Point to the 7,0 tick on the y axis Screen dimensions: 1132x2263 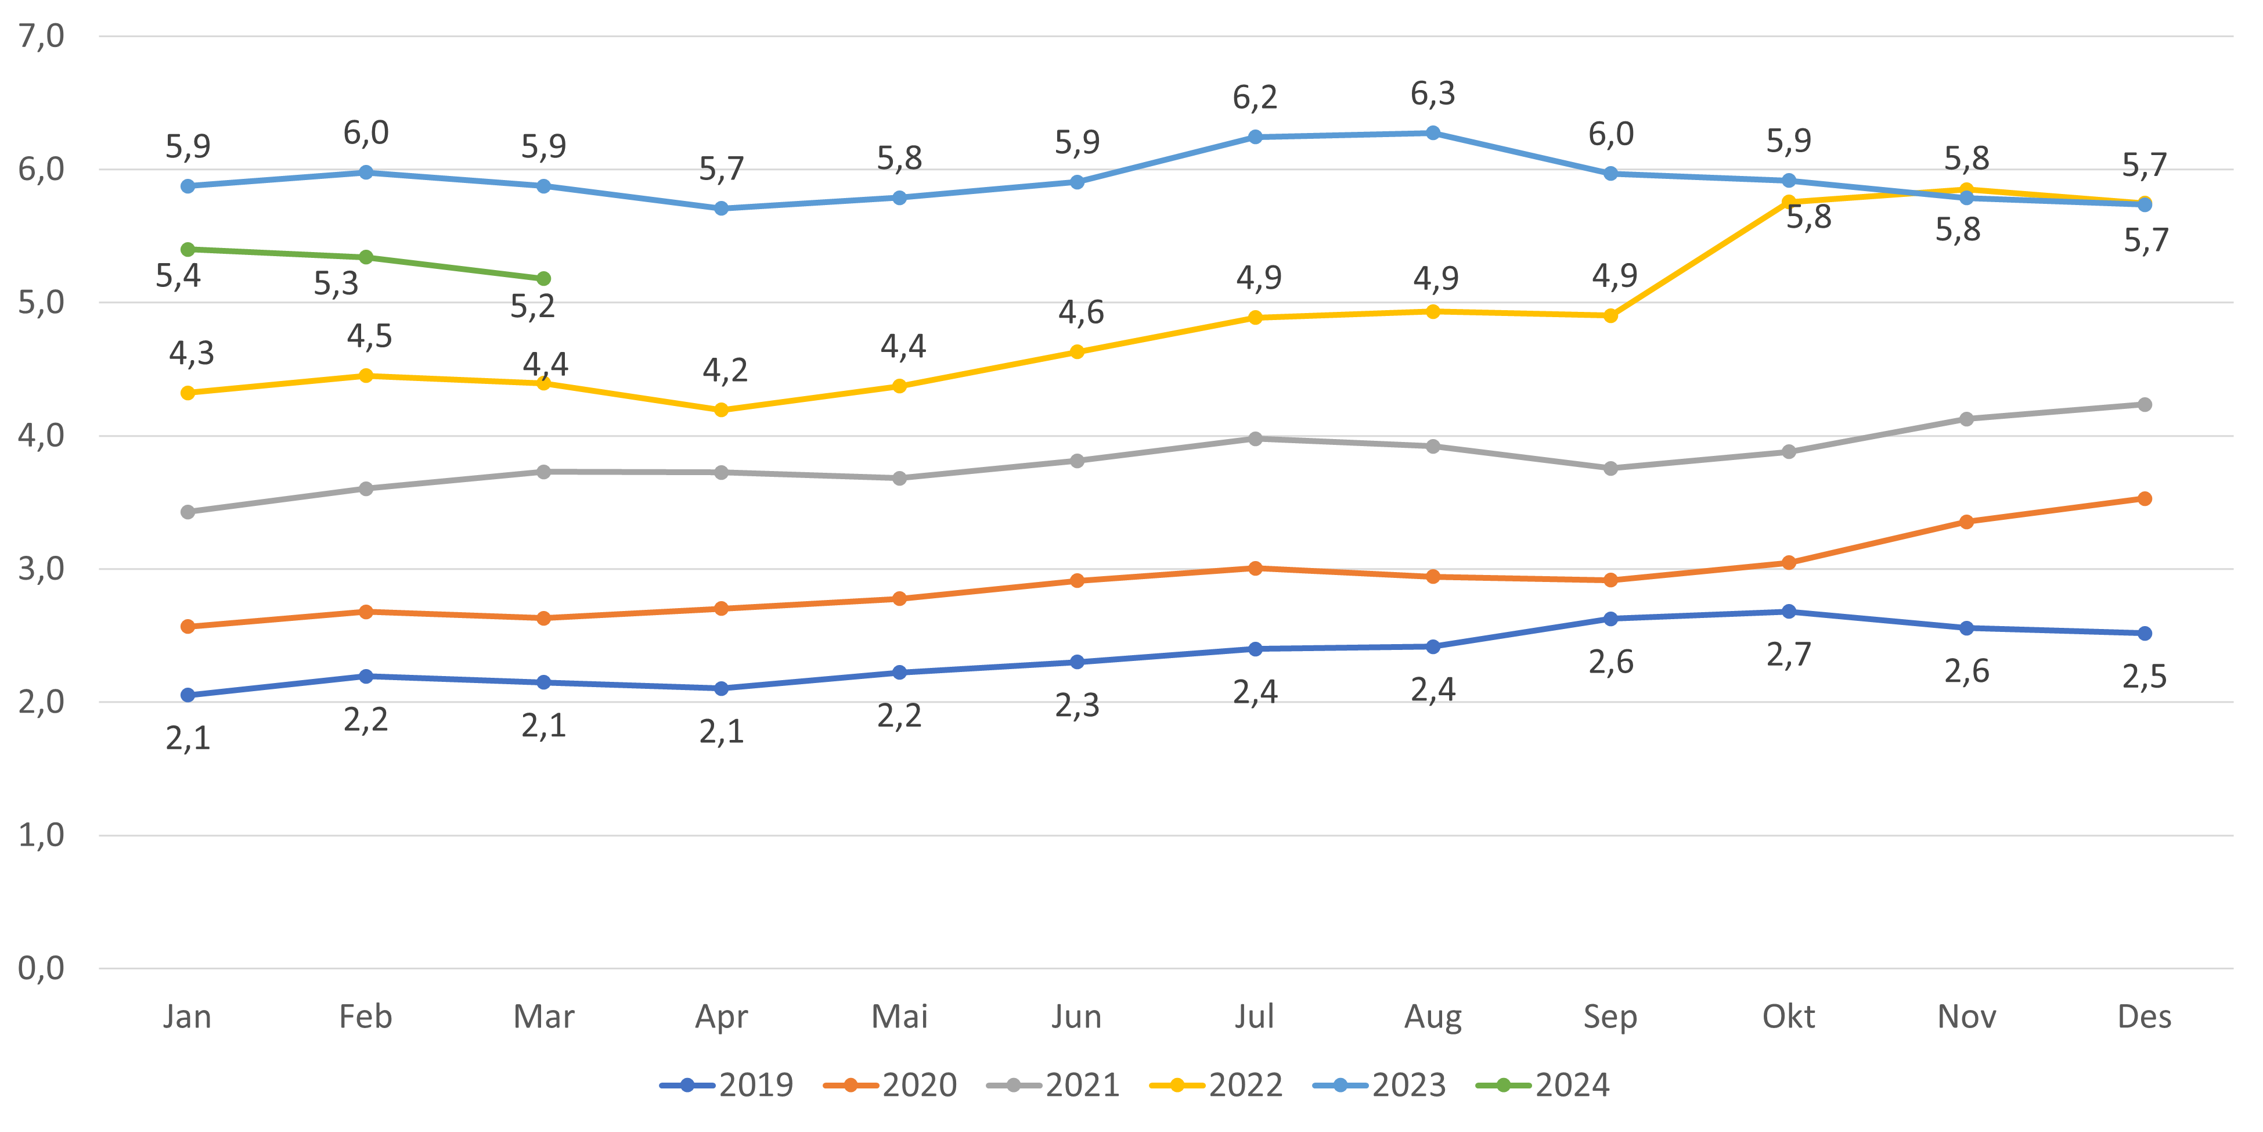pos(41,37)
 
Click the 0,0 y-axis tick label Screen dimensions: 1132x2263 pos(41,969)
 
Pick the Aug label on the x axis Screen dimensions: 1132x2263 pos(1433,1017)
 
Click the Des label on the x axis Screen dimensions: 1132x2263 pos(2145,1017)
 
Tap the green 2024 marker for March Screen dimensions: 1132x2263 pos(544,279)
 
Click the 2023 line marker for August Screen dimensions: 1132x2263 pos(1433,132)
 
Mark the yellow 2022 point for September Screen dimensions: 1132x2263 pos(1610,315)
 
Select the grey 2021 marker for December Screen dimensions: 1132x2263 pos(2145,404)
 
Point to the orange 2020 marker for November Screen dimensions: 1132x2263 pos(1967,522)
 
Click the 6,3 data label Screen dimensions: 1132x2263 pos(1433,93)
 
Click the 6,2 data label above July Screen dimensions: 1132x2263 pos(1255,98)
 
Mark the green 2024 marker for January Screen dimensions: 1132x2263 pos(188,250)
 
